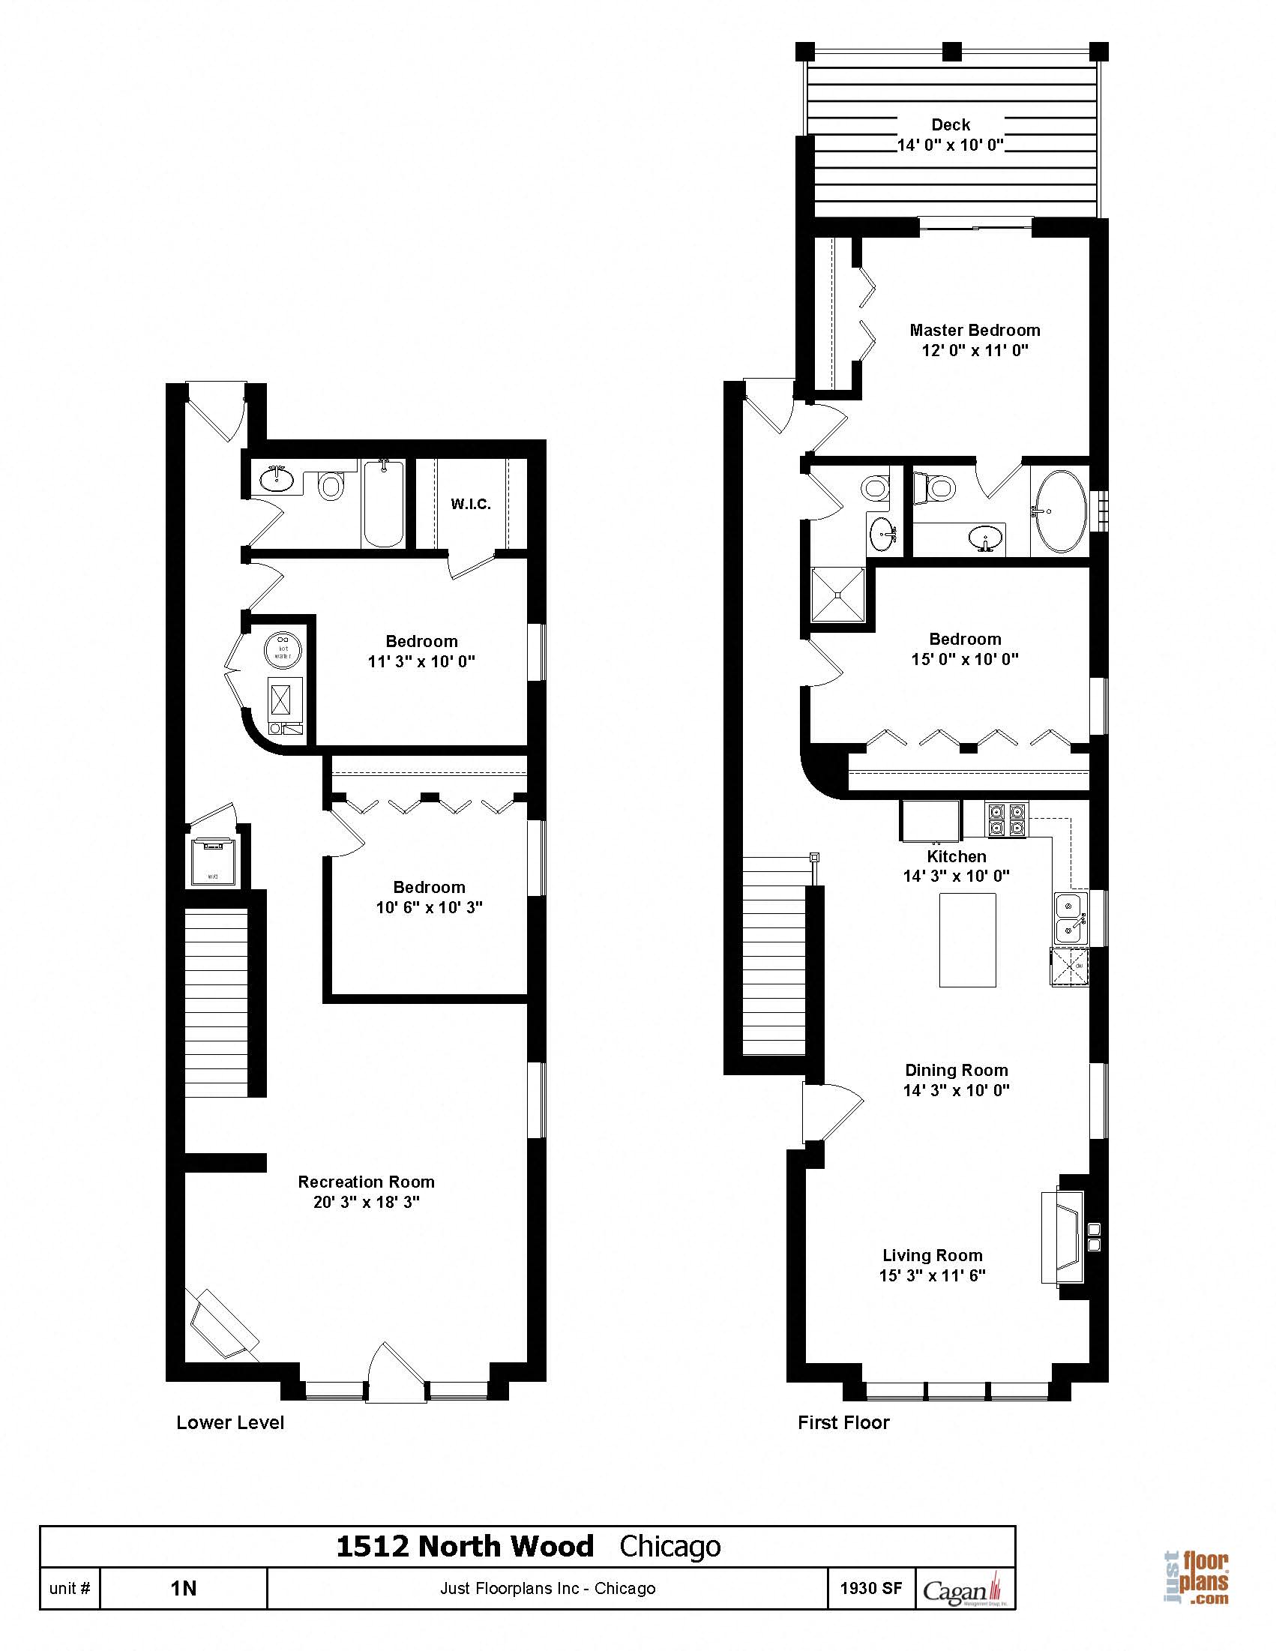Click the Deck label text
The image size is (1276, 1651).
(x=950, y=124)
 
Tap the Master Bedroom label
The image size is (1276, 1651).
(x=975, y=331)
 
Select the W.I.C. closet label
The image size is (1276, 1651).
(x=471, y=504)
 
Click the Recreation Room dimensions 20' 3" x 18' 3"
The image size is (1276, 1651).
(x=367, y=1202)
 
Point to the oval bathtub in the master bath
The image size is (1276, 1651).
(x=1061, y=511)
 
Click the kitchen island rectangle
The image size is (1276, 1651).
(x=968, y=939)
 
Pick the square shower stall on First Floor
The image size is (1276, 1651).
(x=837, y=595)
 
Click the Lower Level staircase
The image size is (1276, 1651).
(x=217, y=1003)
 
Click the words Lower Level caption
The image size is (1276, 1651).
(x=230, y=1423)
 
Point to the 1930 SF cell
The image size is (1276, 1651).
(x=871, y=1587)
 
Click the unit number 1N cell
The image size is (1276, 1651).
(x=183, y=1588)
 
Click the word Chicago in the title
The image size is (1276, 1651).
(x=669, y=1546)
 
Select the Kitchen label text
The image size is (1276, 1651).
(x=956, y=856)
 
